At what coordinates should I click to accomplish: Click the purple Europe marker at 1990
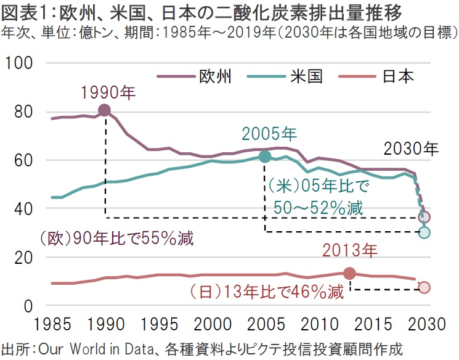[x=105, y=110]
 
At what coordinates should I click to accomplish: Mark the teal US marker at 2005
[x=265, y=157]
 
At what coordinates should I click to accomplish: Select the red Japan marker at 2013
[x=349, y=274]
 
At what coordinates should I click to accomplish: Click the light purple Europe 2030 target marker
[x=424, y=217]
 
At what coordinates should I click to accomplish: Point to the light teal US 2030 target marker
[x=424, y=232]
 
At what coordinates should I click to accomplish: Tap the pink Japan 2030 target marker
[x=424, y=288]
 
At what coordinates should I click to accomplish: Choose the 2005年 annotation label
[x=269, y=134]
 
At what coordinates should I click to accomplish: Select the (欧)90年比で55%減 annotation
[x=117, y=238]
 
